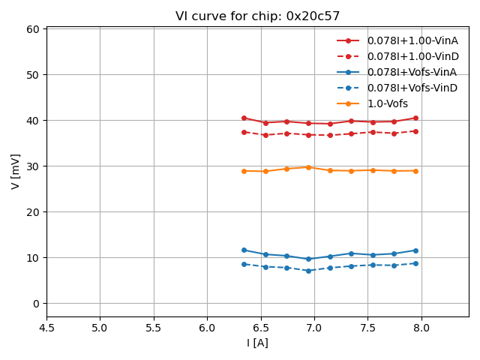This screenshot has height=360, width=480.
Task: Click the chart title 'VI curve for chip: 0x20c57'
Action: coord(247,16)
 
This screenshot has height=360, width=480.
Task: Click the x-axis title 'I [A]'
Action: coord(257,343)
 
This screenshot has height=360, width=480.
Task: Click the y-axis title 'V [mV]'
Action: coord(16,171)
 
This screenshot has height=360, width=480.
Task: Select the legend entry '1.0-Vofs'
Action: coord(387,103)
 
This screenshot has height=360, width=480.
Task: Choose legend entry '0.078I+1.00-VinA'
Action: coord(412,40)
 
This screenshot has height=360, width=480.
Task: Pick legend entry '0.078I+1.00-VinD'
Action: coord(412,56)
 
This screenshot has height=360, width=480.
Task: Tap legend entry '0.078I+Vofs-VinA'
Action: coord(412,72)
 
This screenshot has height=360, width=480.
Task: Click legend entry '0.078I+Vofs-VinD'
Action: coord(412,88)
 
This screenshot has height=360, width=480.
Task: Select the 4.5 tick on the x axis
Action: coord(46,328)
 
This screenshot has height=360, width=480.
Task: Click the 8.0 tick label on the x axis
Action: coord(421,328)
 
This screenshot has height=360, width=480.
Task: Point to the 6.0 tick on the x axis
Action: coord(207,328)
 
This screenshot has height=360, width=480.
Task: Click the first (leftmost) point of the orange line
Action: coord(244,171)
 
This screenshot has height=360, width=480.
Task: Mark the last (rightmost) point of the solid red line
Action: coord(415,118)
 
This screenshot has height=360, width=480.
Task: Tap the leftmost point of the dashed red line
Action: coord(244,132)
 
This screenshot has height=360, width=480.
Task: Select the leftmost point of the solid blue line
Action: coord(244,250)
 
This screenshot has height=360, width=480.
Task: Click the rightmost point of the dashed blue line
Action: coord(415,263)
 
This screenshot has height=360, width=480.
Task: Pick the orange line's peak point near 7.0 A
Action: coord(308,167)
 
